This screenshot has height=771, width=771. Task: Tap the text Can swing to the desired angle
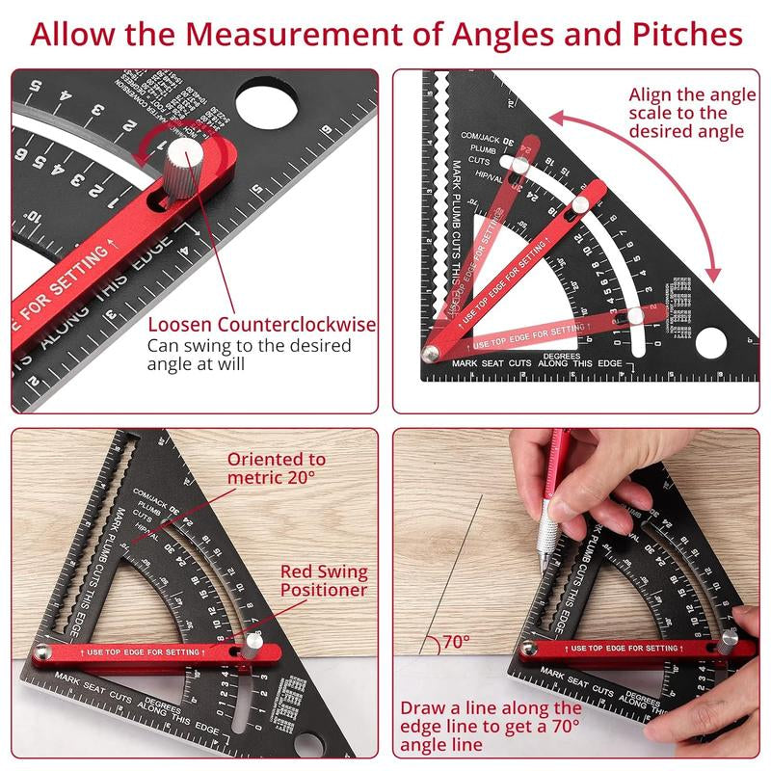(249, 355)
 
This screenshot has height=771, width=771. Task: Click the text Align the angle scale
(686, 113)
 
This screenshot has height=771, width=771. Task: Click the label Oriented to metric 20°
(276, 468)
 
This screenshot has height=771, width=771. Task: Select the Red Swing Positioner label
(324, 581)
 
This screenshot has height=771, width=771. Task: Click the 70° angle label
(456, 641)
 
